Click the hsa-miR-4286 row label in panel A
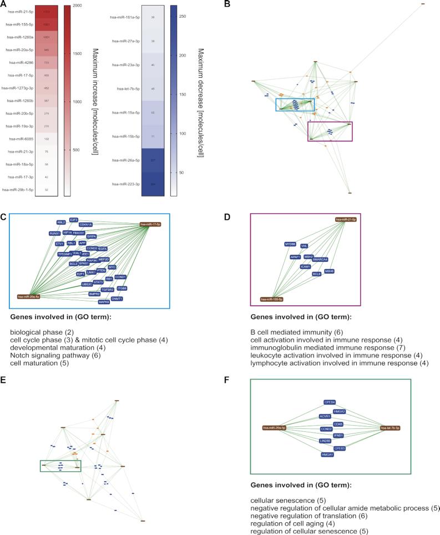tap(22, 63)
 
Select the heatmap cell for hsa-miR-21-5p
tap(47, 11)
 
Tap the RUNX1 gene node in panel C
tap(54, 234)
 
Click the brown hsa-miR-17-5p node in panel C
tap(150, 224)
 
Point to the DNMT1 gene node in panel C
tap(117, 299)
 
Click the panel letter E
tap(6, 381)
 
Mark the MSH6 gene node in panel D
tap(330, 271)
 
